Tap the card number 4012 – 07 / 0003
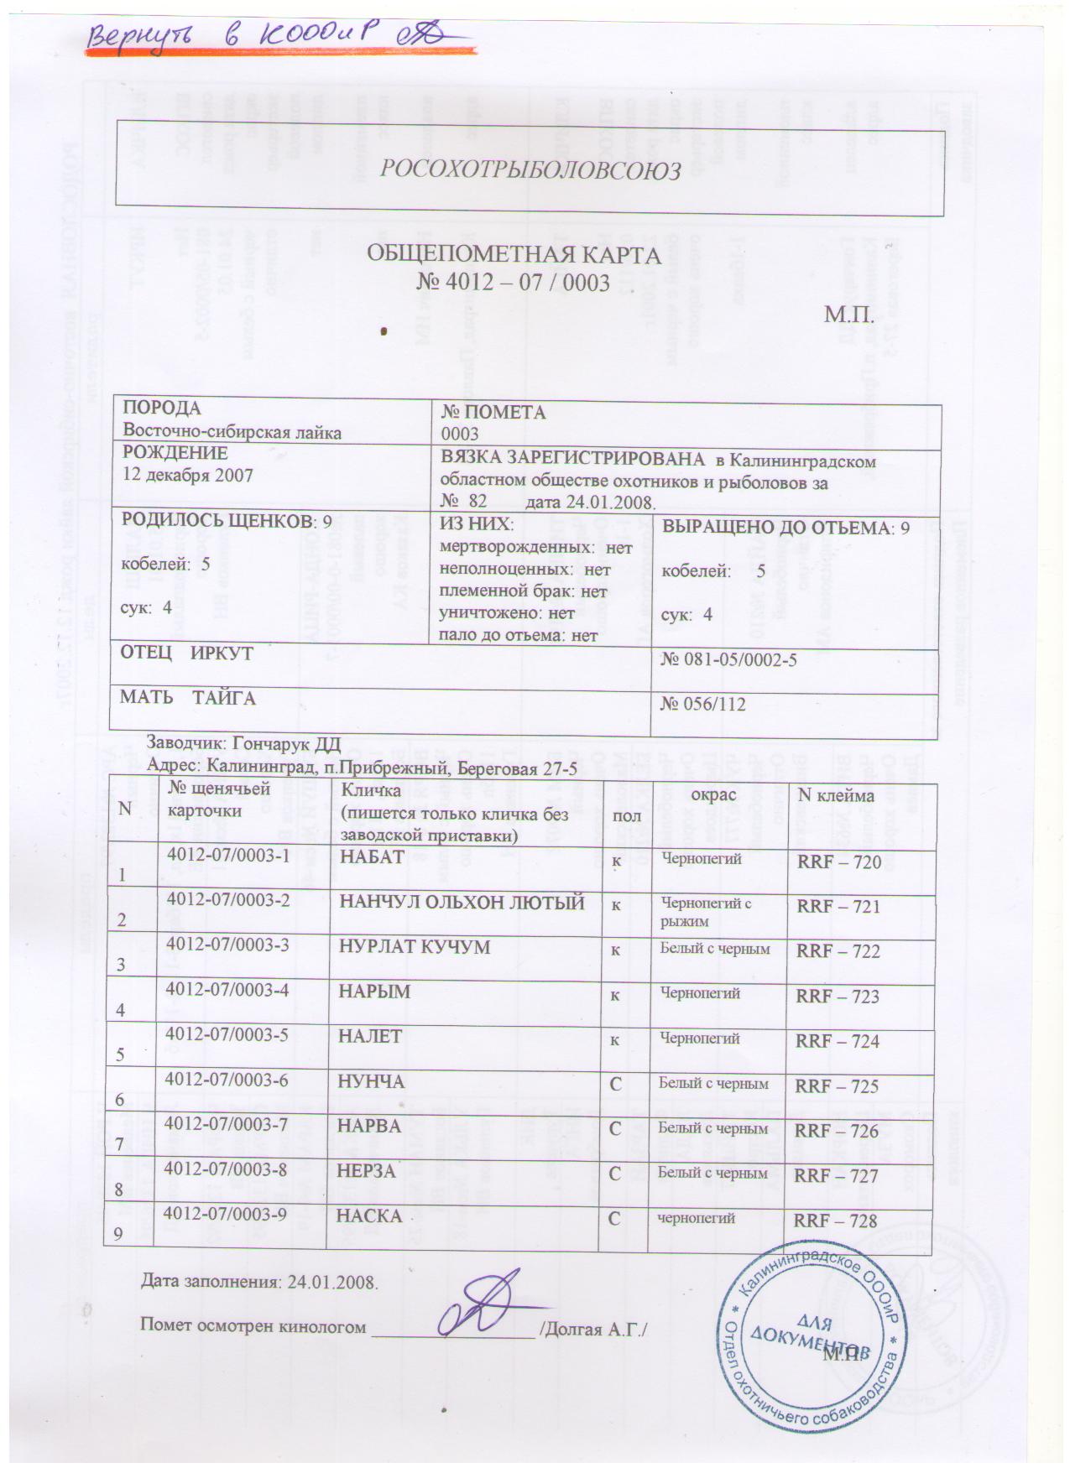513,283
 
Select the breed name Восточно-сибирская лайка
232,433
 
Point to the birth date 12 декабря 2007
188,475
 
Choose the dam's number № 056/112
703,704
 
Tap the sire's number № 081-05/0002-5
728,659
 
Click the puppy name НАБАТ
371,856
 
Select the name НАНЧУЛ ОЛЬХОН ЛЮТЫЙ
461,903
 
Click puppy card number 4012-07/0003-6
228,1080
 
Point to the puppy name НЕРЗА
366,1171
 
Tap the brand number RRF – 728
836,1221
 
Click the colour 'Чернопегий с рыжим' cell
707,911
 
